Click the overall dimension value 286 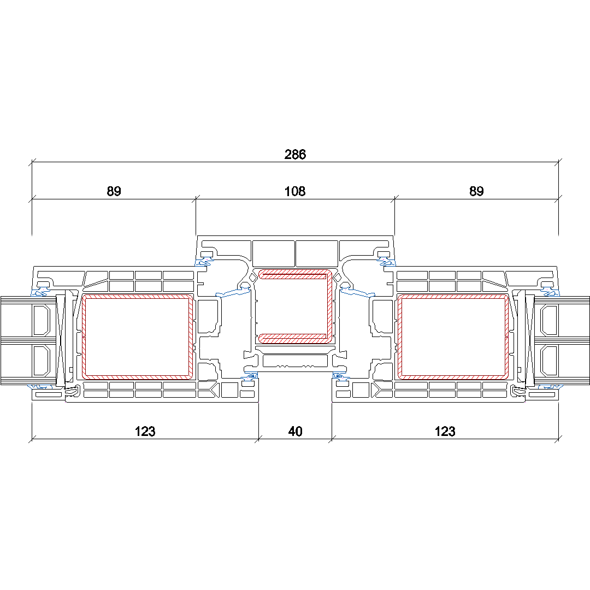295,154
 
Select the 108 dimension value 295,191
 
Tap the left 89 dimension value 114,191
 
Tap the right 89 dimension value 476,191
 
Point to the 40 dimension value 296,431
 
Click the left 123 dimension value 145,431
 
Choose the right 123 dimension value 445,431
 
